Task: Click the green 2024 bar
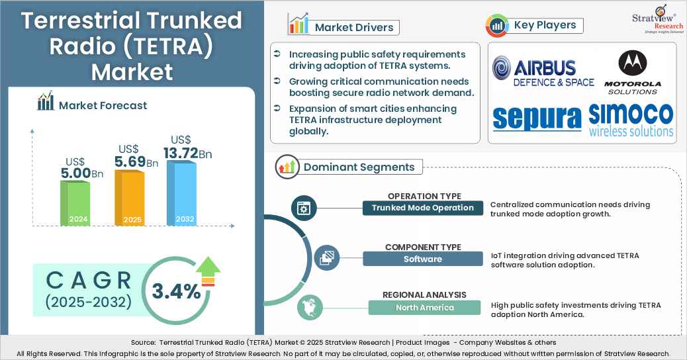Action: [x=75, y=202]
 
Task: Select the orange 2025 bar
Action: [x=129, y=198]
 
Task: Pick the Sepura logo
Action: [x=537, y=118]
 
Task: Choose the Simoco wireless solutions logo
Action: [x=631, y=120]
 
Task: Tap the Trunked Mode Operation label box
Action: [x=423, y=208]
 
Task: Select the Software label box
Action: [x=423, y=259]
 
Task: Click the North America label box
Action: [x=424, y=307]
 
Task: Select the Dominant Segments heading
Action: [x=359, y=167]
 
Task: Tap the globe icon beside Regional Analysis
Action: [x=308, y=308]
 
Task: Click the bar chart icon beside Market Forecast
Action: [x=46, y=103]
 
